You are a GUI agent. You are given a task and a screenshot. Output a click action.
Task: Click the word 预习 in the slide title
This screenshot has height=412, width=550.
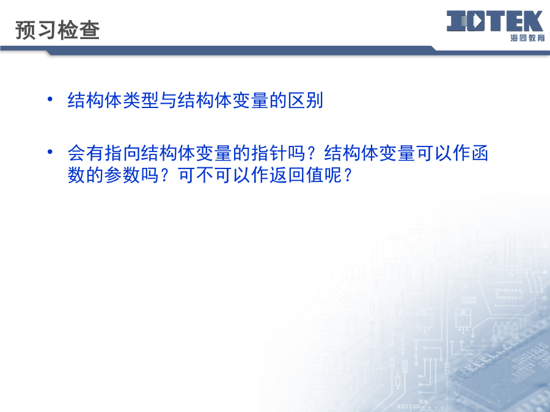tap(36, 30)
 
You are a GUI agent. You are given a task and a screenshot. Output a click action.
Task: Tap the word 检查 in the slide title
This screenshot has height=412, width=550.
tap(79, 30)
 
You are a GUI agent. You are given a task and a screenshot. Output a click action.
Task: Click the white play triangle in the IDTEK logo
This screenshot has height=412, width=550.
tap(478, 21)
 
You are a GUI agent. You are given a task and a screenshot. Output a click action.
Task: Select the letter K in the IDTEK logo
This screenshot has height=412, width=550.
tap(532, 21)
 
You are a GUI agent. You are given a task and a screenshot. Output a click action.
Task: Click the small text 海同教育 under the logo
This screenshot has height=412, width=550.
tap(527, 38)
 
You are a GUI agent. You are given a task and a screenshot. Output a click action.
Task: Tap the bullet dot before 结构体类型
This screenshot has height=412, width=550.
tap(50, 99)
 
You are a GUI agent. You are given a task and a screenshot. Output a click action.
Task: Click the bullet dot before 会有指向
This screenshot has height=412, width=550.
tap(50, 152)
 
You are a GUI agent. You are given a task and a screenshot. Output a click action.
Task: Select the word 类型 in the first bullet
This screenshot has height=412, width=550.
tap(141, 101)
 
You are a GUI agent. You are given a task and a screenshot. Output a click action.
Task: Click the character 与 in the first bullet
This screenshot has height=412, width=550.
tap(169, 101)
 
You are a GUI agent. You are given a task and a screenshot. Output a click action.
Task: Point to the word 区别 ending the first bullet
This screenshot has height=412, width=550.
tap(305, 101)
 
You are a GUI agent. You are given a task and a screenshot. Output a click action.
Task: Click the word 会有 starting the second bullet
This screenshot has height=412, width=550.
tap(86, 153)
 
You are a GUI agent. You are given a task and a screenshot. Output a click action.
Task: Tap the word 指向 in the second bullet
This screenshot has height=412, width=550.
tap(122, 153)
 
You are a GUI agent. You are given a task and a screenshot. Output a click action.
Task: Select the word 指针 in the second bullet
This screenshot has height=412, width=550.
tap(269, 153)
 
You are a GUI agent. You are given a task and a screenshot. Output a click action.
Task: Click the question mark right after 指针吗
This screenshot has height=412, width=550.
tap(311, 153)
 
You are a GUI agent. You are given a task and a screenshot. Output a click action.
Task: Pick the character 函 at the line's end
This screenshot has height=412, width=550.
tap(480, 153)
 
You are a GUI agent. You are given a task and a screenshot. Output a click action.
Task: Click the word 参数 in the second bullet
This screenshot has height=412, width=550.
tap(122, 175)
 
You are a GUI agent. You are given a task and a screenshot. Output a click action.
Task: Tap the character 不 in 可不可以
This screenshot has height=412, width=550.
tap(205, 175)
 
